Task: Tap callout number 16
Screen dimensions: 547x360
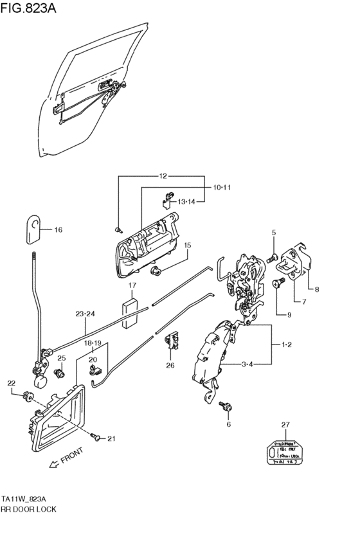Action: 58,229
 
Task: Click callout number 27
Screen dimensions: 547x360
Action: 285,425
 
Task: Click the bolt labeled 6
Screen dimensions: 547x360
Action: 225,406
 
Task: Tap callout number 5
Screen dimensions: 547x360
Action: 273,233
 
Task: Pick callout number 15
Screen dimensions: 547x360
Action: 188,245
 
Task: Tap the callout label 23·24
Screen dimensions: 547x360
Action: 85,314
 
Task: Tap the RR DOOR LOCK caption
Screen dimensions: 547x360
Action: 29,508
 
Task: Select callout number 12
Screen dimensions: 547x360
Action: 163,175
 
